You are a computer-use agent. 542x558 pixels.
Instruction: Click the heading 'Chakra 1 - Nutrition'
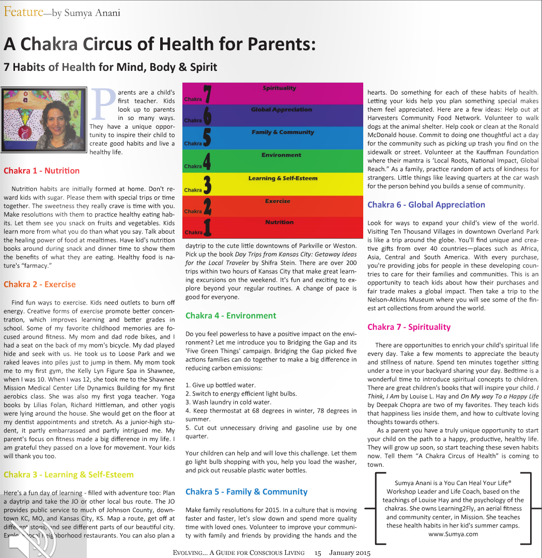point(41,171)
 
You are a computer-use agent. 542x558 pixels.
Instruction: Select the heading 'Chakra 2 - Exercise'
point(39,284)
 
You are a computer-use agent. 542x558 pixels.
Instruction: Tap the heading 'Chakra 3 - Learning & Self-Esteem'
point(68,474)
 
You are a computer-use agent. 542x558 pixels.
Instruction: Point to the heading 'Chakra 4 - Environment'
point(230,315)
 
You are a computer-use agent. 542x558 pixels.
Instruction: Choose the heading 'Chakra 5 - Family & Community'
point(246,492)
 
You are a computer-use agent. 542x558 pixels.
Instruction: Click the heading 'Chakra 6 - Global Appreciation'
point(426,205)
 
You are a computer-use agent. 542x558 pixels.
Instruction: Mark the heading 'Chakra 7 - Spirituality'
point(409,327)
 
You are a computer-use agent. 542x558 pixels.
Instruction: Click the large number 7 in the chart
point(207,94)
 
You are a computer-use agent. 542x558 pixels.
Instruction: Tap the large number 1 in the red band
point(207,227)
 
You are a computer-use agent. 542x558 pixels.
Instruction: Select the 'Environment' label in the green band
point(282,155)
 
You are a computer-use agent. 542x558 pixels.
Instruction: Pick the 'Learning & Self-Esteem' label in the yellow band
point(283,178)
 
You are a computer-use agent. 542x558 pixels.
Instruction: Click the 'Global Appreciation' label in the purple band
point(281,110)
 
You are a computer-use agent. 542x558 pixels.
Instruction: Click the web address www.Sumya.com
point(453,534)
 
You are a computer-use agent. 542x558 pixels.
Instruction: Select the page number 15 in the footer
point(318,553)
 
